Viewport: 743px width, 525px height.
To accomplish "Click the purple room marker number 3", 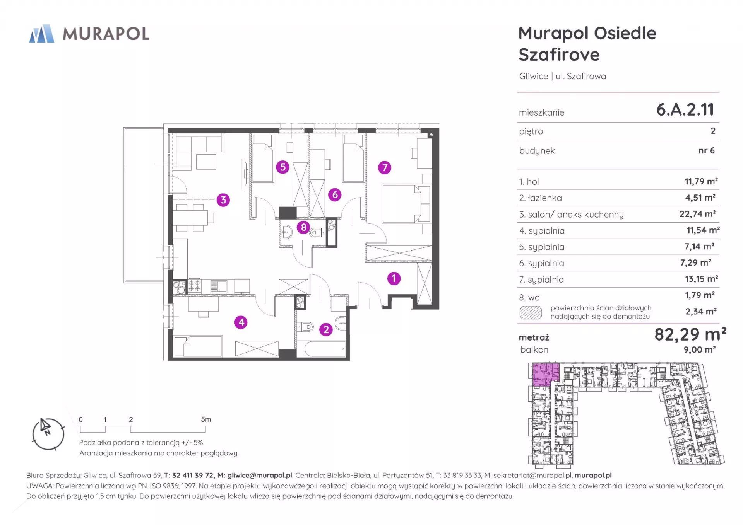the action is click(x=223, y=200).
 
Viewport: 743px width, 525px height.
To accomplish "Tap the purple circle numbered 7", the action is click(x=385, y=167).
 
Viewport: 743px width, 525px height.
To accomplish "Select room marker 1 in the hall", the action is click(x=394, y=278).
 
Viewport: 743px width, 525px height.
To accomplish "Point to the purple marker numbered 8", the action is click(x=304, y=227).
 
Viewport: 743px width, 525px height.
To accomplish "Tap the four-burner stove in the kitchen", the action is click(x=194, y=286).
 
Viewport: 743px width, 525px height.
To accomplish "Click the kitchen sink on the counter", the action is click(x=219, y=286).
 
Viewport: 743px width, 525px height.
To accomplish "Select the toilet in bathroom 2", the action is click(x=305, y=327).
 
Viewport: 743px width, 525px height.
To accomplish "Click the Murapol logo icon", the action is click(x=42, y=34).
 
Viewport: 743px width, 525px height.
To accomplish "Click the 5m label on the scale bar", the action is click(x=206, y=419).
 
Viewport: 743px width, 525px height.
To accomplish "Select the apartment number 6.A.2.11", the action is click(x=685, y=110).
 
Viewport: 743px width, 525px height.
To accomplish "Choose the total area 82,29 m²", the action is click(x=690, y=334).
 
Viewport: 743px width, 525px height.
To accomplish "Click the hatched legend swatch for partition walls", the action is click(x=531, y=312).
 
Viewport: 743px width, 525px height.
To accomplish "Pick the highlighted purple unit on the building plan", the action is click(x=545, y=374).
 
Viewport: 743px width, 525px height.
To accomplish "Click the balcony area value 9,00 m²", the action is click(x=700, y=349).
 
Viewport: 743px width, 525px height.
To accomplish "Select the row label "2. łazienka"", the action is click(x=540, y=198).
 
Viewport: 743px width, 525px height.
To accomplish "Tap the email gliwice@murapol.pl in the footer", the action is click(x=260, y=476).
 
